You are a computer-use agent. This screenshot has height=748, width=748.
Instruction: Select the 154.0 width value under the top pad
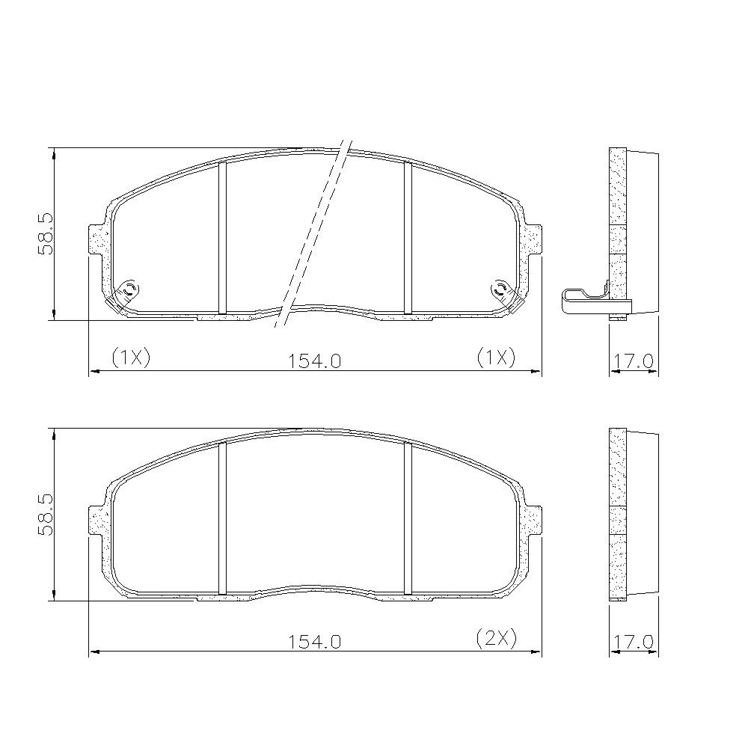click(x=314, y=361)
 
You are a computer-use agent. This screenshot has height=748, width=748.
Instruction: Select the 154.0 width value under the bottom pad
click(x=314, y=642)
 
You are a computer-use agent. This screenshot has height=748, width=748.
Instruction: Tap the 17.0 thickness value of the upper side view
click(x=633, y=361)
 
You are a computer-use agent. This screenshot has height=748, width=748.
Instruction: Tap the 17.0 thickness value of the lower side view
click(x=633, y=642)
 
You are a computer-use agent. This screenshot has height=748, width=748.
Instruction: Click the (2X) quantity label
click(x=497, y=638)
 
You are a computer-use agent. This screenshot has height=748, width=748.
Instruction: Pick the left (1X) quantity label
click(x=131, y=357)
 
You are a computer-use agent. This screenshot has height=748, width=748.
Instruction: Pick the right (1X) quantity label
click(x=496, y=357)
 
